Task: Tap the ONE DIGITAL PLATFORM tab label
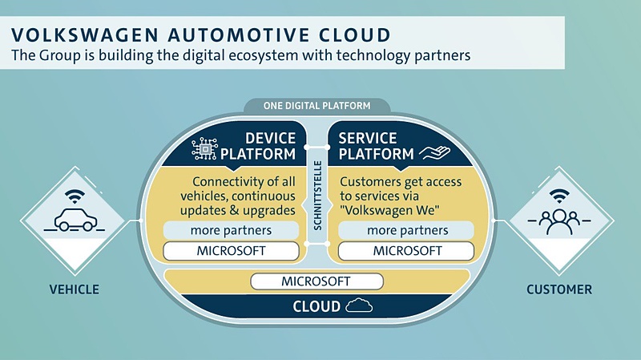tap(318, 105)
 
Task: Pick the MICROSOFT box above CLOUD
tap(317, 281)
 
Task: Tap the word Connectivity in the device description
tap(224, 182)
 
